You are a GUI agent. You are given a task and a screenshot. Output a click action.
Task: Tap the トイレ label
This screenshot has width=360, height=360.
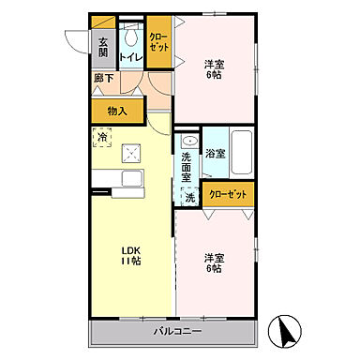130,57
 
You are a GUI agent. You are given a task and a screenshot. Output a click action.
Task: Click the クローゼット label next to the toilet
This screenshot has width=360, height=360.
158,43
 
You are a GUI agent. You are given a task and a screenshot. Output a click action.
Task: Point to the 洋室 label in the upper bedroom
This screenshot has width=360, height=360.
215,65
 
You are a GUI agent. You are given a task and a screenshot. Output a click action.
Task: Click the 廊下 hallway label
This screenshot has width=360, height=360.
101,79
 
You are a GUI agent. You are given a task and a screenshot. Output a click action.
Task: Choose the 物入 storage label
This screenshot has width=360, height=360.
117,111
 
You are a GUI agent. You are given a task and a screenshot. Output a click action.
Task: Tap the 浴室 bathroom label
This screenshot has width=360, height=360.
215,152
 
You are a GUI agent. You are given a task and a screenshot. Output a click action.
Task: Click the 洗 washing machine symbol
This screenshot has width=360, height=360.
189,198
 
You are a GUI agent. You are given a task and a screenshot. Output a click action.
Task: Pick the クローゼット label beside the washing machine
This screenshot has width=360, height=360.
228,194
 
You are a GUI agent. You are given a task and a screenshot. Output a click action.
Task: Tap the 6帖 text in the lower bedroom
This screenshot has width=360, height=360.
215,269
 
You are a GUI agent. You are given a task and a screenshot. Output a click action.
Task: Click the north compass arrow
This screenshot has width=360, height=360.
287,329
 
